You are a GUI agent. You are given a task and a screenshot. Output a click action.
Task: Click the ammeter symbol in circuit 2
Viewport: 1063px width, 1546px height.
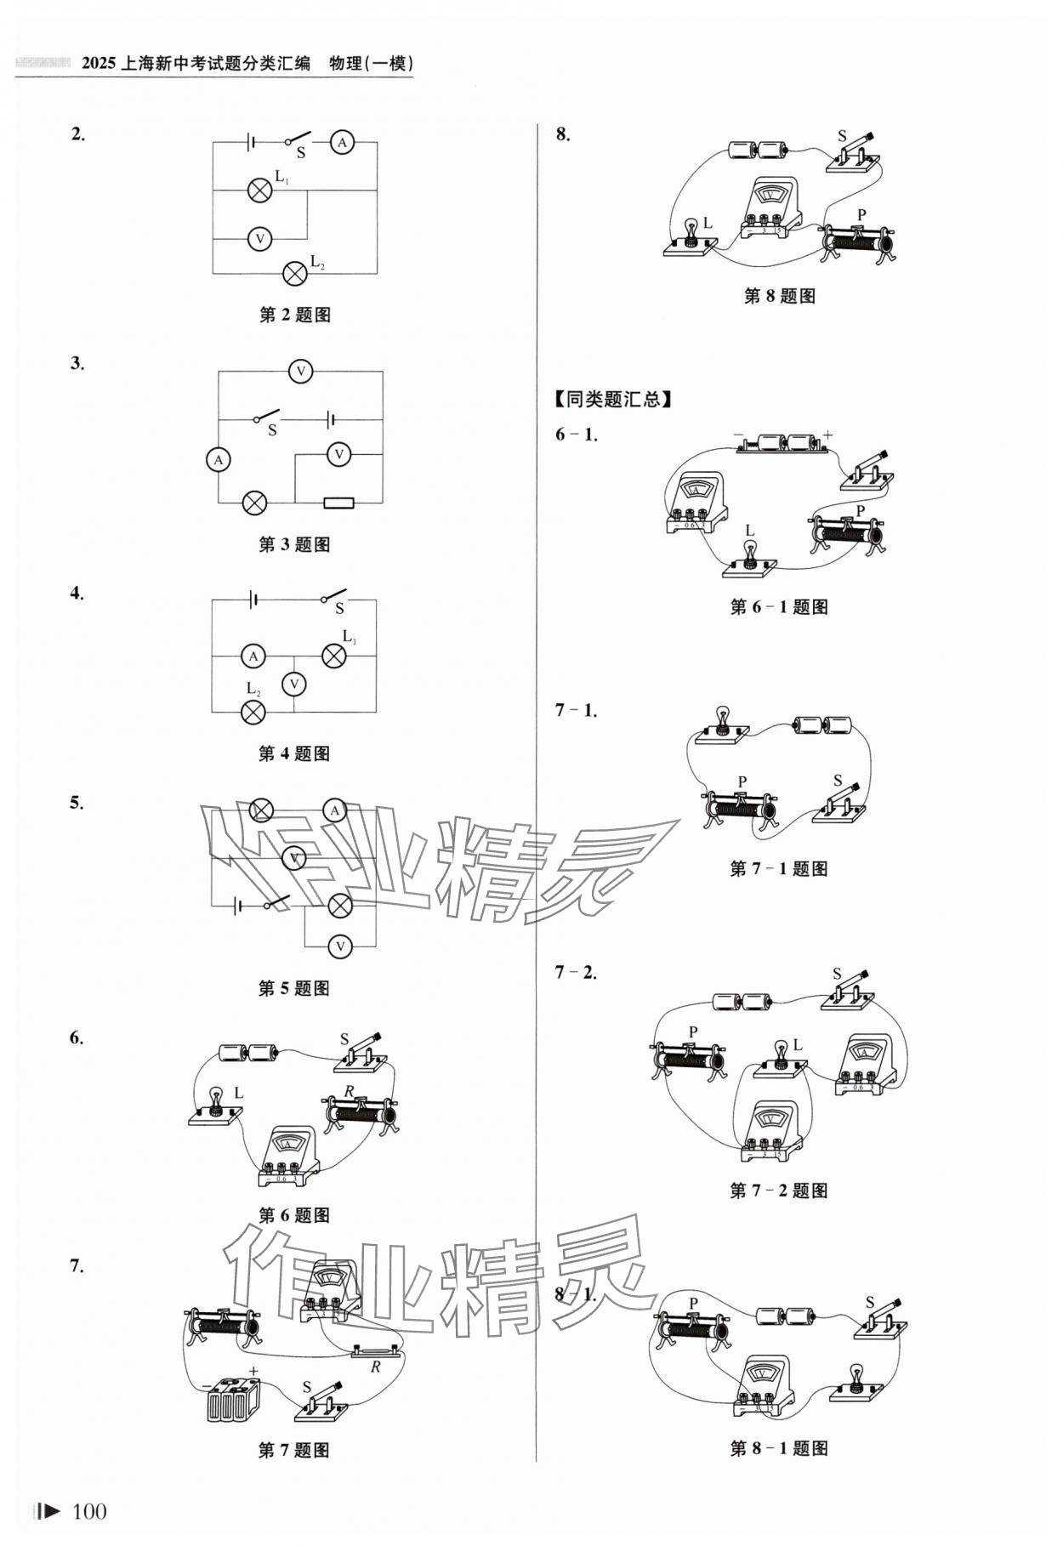coord(342,143)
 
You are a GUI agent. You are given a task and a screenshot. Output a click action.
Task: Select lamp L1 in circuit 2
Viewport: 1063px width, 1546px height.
coord(259,190)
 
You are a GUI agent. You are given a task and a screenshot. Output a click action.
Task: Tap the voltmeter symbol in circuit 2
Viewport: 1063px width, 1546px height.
coord(259,240)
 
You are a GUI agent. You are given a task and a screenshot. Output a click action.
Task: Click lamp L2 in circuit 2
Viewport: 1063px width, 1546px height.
coord(295,272)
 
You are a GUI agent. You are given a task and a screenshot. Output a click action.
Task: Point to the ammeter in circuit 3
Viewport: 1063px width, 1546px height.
coord(219,459)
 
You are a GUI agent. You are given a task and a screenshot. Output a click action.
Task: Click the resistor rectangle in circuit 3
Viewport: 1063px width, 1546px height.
coord(338,503)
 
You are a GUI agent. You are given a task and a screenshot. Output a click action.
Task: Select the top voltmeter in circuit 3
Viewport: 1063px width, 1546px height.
coord(300,372)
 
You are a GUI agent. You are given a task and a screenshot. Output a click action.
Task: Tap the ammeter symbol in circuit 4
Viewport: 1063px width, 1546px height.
coord(253,656)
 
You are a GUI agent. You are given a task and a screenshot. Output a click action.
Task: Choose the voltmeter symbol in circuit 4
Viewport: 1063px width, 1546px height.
coord(293,684)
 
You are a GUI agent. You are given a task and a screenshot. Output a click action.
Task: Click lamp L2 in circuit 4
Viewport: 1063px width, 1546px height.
coord(253,712)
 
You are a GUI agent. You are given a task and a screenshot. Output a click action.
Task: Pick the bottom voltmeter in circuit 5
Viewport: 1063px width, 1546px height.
coord(340,946)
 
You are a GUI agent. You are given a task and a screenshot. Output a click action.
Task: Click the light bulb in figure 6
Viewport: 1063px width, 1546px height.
coord(217,1100)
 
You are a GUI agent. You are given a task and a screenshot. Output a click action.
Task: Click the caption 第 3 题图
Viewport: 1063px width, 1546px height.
coord(294,545)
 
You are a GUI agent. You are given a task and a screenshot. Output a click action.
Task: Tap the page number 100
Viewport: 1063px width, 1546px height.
coord(89,1511)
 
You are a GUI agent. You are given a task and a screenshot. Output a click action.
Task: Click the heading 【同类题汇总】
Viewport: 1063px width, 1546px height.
coord(613,399)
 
